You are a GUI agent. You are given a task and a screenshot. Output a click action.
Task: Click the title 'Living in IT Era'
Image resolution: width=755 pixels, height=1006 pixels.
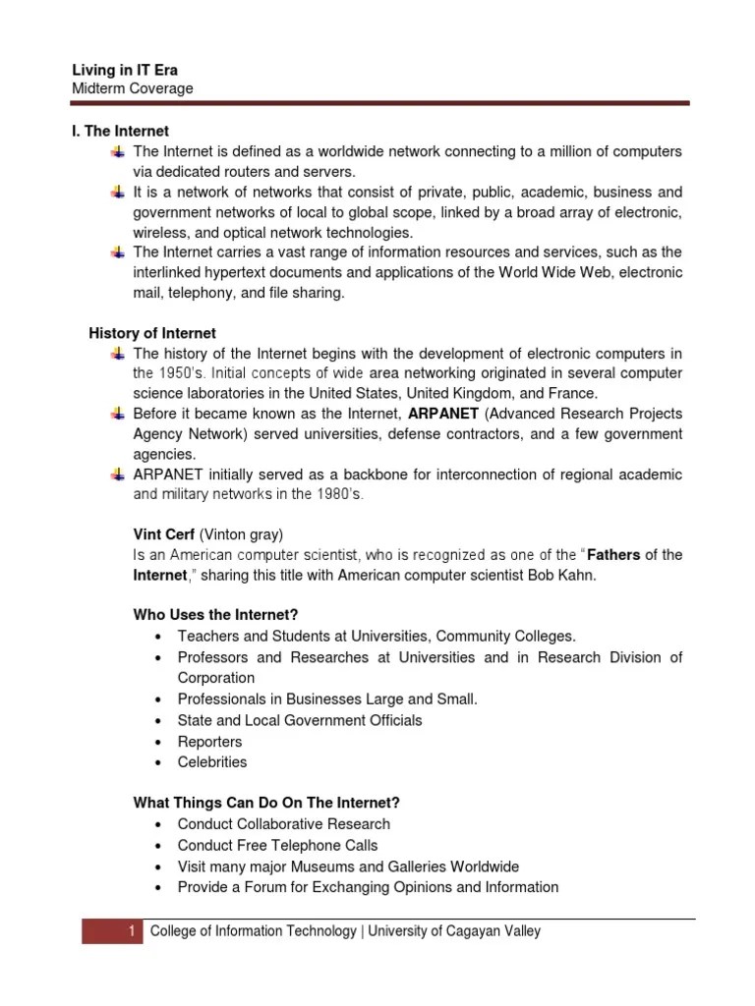(125, 70)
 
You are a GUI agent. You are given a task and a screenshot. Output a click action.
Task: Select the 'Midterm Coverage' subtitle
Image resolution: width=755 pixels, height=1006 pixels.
(133, 88)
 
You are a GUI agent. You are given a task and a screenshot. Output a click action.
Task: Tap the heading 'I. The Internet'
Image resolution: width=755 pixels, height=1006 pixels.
(121, 131)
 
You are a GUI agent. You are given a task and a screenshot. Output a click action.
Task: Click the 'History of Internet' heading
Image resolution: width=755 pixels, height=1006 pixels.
(152, 333)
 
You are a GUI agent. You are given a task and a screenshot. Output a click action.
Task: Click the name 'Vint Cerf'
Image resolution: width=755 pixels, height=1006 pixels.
(164, 534)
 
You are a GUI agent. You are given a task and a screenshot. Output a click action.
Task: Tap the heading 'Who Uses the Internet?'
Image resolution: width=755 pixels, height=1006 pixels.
(215, 615)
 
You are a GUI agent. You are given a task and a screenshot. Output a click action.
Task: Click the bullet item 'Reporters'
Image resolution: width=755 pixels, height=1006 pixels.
(209, 742)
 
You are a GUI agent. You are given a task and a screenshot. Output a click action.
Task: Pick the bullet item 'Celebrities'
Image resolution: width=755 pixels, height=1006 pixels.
(212, 762)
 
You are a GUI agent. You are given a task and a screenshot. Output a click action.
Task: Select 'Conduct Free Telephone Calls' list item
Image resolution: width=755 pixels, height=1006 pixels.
(277, 845)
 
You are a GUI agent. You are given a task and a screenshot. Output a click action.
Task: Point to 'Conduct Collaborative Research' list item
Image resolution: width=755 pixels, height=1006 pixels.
(283, 824)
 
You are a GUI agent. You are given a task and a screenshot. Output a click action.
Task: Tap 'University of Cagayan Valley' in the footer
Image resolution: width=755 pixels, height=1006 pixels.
(455, 931)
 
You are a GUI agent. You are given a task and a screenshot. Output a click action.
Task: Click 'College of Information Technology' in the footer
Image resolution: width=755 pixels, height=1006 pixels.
(254, 931)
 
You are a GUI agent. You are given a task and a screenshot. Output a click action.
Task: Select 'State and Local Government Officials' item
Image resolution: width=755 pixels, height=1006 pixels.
(300, 720)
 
